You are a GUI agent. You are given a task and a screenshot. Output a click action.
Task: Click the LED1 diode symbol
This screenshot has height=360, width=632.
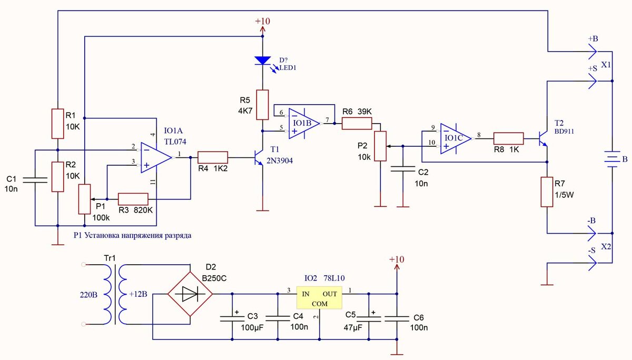(263, 61)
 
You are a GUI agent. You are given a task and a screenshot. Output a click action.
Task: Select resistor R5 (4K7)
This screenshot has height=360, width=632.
(262, 105)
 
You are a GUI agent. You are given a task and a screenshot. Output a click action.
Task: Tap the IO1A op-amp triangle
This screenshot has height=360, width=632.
(156, 157)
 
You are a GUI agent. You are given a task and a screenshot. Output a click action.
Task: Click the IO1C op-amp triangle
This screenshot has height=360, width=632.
(456, 139)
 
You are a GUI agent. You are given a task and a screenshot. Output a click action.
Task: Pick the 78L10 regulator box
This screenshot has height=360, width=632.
(319, 298)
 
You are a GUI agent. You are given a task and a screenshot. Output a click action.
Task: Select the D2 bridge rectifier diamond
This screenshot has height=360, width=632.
(190, 294)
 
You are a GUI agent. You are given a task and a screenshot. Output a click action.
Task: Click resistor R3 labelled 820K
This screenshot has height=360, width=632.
(133, 199)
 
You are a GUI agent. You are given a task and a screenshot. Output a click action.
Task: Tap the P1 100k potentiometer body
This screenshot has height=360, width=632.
(84, 199)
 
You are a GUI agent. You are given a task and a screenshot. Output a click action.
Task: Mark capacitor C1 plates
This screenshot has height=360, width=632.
(35, 180)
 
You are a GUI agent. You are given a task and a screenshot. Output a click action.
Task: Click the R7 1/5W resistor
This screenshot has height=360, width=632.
(547, 192)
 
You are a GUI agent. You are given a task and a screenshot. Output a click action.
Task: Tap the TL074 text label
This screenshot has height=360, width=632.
(175, 142)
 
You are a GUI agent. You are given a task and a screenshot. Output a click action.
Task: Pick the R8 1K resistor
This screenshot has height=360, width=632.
(508, 139)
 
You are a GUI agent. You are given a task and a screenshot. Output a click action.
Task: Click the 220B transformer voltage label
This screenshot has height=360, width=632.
(88, 295)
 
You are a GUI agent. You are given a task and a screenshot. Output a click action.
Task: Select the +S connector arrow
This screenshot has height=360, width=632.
(592, 81)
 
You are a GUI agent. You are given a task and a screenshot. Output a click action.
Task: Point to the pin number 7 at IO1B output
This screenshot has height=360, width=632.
(327, 120)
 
